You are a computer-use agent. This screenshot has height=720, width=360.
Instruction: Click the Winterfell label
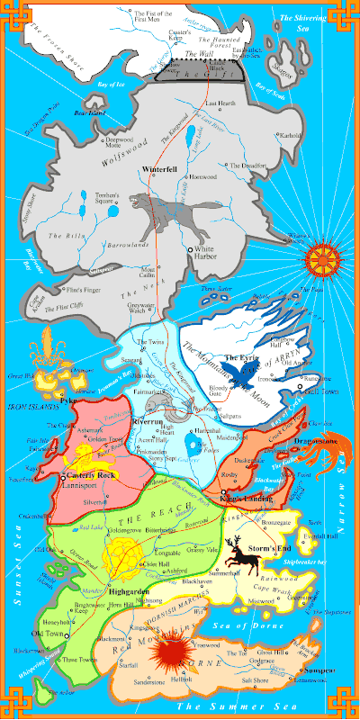click(161, 169)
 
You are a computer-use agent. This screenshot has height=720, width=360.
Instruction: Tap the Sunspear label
click(322, 671)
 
